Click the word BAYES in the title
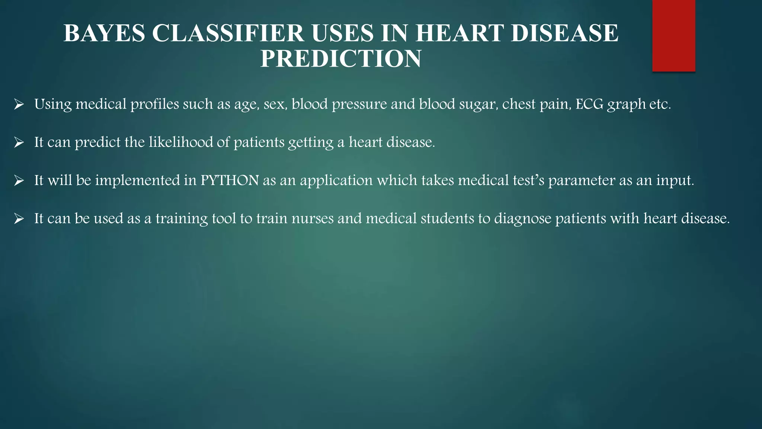point(104,33)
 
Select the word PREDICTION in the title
point(341,59)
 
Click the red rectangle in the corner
point(673,35)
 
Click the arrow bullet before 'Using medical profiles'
point(19,105)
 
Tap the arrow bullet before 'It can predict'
point(19,143)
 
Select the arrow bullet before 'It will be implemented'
point(19,181)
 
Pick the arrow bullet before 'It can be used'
point(19,219)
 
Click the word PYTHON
point(230,180)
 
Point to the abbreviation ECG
point(589,104)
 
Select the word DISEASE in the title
point(564,33)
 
